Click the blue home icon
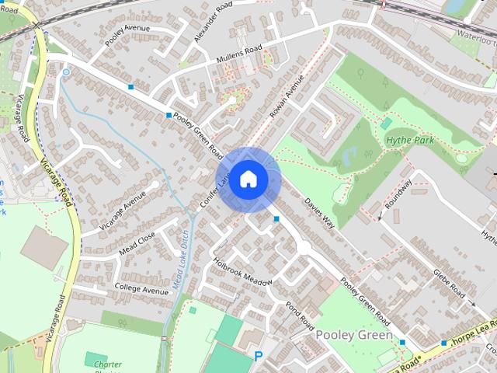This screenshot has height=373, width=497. click(248, 180)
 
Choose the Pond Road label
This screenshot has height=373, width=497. click(299, 313)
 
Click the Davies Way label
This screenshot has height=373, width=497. click(319, 211)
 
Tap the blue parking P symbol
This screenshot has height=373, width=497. click(259, 356)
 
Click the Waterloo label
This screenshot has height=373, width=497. click(475, 34)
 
